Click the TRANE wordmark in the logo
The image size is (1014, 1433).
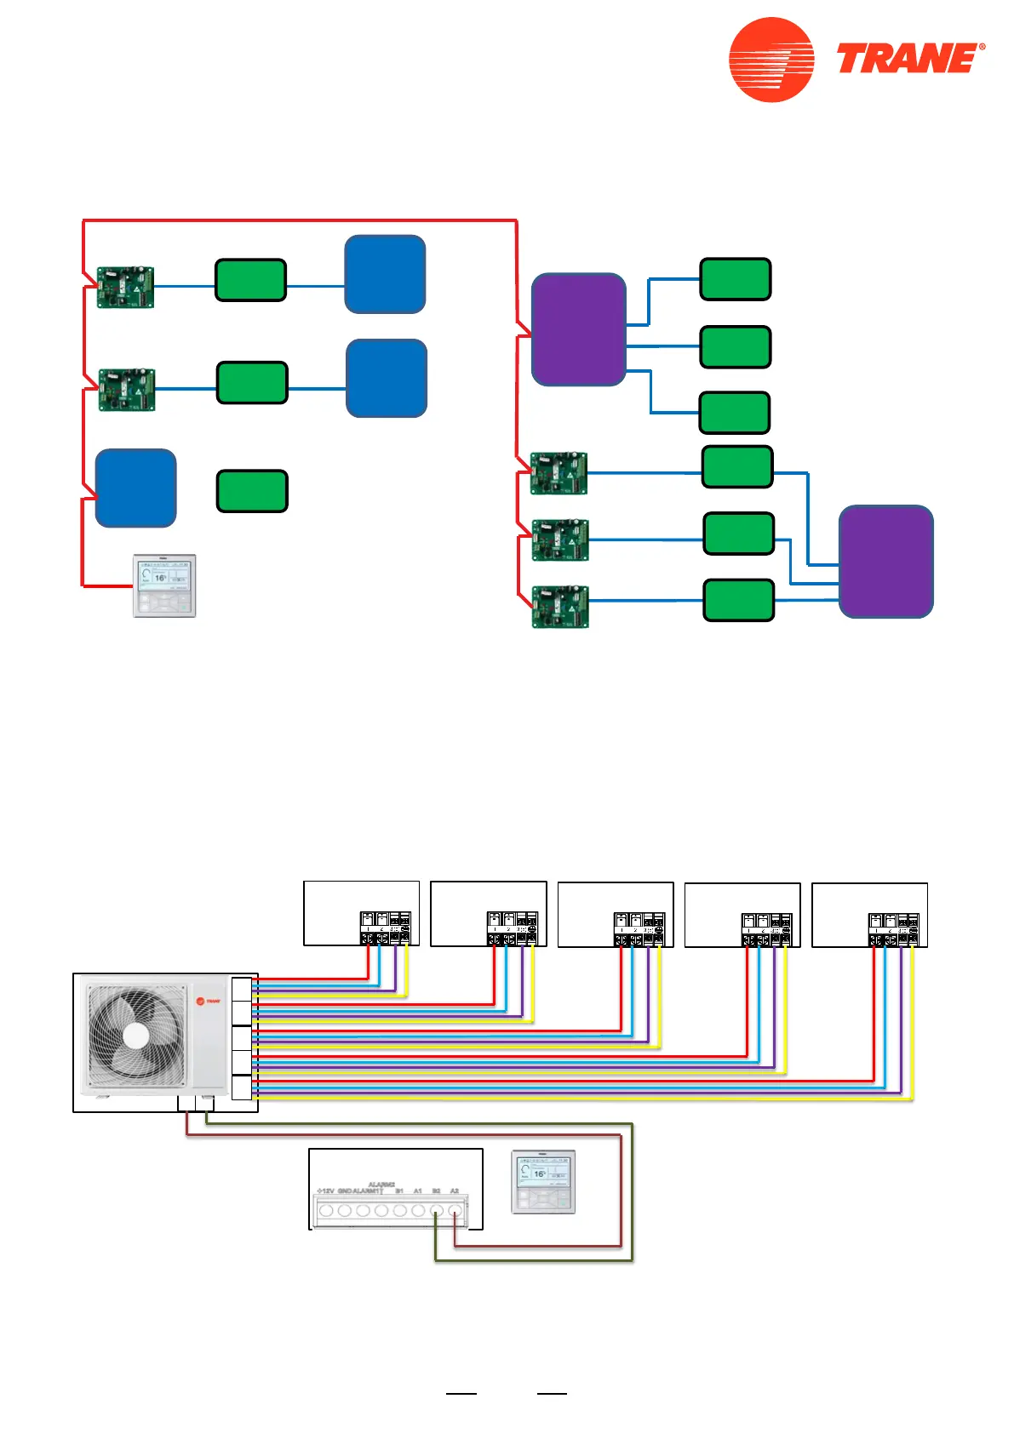pyautogui.click(x=909, y=59)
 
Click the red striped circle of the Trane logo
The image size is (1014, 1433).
pyautogui.click(x=771, y=60)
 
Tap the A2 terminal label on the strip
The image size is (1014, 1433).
pyautogui.click(x=455, y=1190)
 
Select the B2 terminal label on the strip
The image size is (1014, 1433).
pyautogui.click(x=436, y=1190)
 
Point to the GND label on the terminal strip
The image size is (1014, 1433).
pyautogui.click(x=345, y=1190)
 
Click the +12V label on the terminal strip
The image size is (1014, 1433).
pyautogui.click(x=325, y=1190)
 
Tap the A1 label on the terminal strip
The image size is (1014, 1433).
pyautogui.click(x=417, y=1190)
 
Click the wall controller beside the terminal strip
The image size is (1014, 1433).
pyautogui.click(x=543, y=1182)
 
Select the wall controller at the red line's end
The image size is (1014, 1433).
pyautogui.click(x=165, y=585)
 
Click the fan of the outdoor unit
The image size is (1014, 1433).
pyautogui.click(x=136, y=1036)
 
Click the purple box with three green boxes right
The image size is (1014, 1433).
pyautogui.click(x=578, y=329)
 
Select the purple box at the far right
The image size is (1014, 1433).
pyautogui.click(x=885, y=562)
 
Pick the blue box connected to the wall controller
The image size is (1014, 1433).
pyautogui.click(x=135, y=488)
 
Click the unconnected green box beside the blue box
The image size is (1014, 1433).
pyautogui.click(x=252, y=491)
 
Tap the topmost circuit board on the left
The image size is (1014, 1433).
pyautogui.click(x=125, y=287)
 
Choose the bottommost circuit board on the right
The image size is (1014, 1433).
pyautogui.click(x=560, y=607)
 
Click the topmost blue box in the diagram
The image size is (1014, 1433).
pyautogui.click(x=385, y=275)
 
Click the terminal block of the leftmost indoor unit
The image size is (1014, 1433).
pyautogui.click(x=386, y=928)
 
